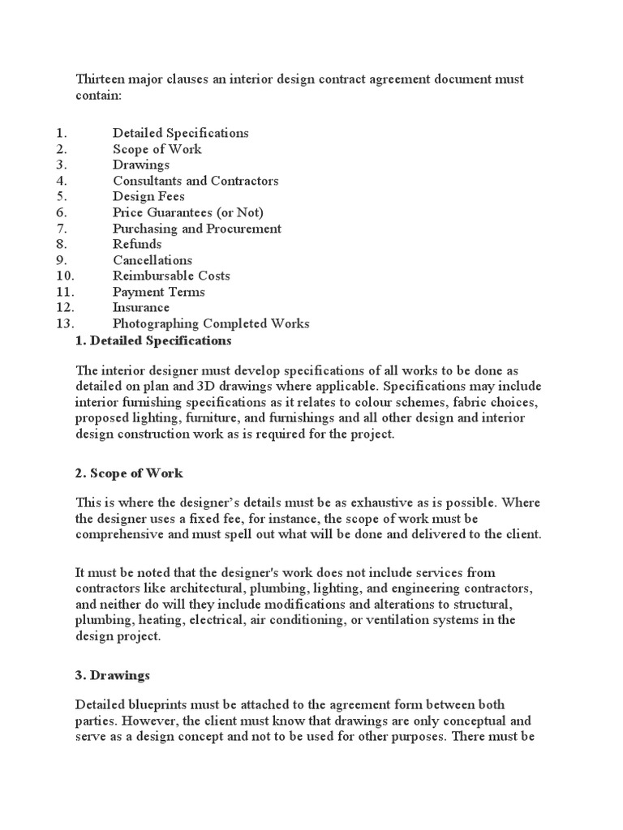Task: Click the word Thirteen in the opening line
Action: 101,80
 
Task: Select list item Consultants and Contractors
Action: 195,181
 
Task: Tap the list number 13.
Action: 66,323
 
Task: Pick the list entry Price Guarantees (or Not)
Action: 188,212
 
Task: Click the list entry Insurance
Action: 141,308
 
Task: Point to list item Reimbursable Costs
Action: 171,276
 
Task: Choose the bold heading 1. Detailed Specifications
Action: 153,340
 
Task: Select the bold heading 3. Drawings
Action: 113,674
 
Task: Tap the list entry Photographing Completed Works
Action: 211,323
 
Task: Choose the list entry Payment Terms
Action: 159,292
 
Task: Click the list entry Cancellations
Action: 153,260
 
